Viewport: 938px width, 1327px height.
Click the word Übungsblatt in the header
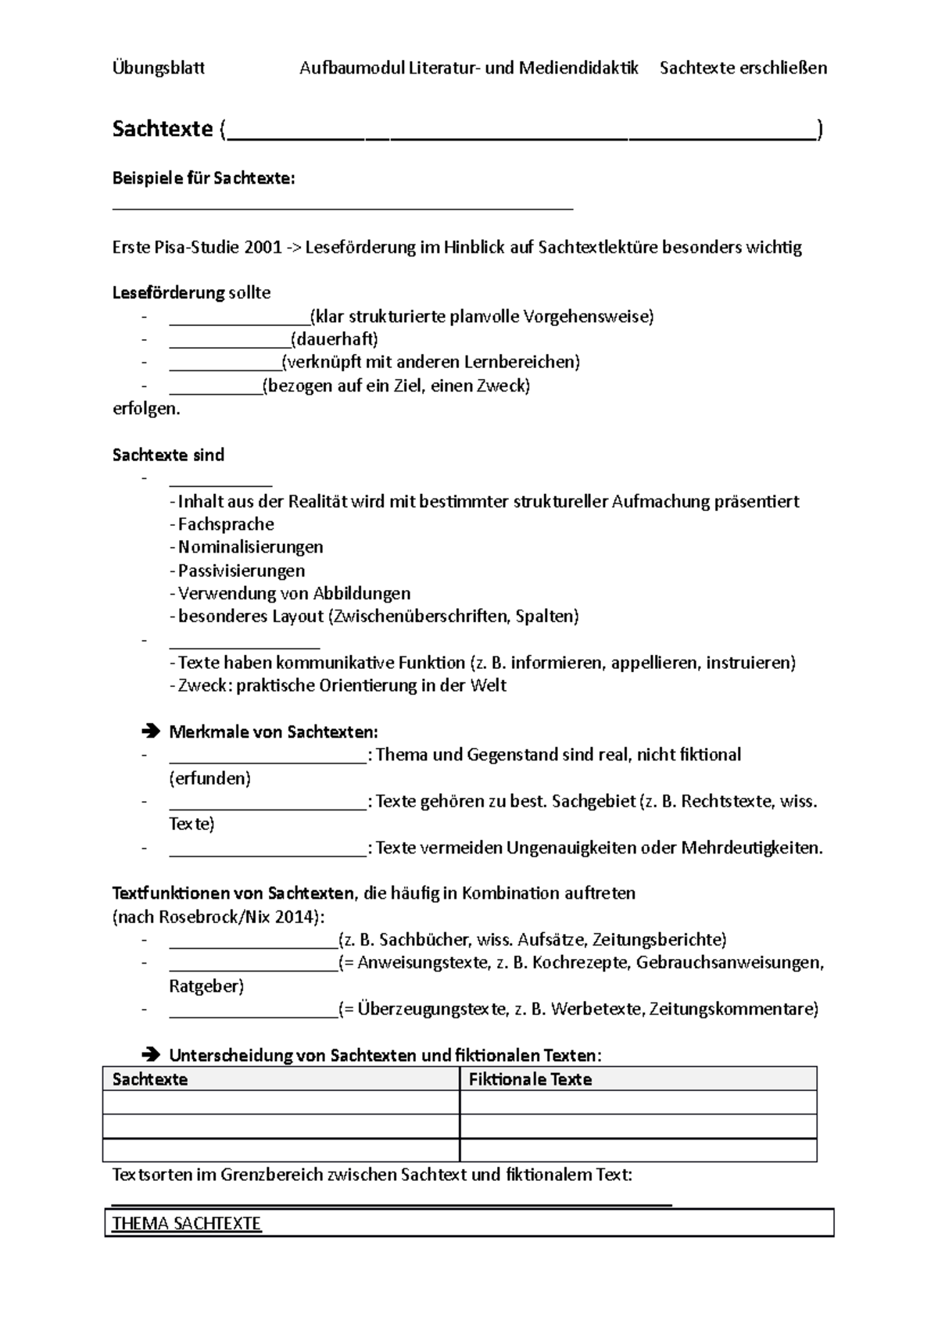click(x=159, y=68)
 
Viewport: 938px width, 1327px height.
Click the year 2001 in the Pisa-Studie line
click(x=263, y=248)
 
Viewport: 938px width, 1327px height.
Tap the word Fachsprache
click(x=226, y=524)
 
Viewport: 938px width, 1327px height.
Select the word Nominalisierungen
click(x=250, y=547)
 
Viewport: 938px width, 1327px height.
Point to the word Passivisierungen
click(x=242, y=571)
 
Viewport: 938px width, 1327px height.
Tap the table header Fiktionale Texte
click(x=530, y=1079)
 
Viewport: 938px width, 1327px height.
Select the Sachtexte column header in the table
click(x=150, y=1079)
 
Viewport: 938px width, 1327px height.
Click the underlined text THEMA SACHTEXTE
click(x=186, y=1223)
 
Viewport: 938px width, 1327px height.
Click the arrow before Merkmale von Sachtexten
click(x=151, y=732)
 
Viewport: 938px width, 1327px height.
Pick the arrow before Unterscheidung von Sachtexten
click(x=151, y=1056)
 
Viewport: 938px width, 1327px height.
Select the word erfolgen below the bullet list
click(x=145, y=409)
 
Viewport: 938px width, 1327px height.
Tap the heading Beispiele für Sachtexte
click(x=203, y=179)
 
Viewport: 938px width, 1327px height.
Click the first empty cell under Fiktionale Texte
click(x=638, y=1103)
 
